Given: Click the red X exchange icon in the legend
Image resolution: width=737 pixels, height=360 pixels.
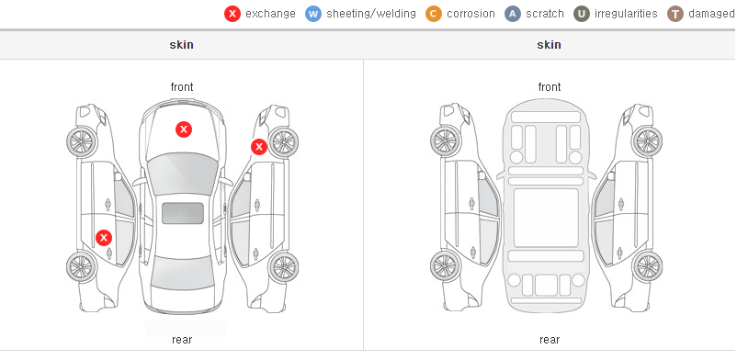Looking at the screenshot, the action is tap(232, 14).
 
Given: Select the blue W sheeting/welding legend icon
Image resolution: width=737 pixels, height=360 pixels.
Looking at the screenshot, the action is tap(313, 14).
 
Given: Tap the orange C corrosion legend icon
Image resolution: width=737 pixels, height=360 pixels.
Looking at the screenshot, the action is tap(434, 14).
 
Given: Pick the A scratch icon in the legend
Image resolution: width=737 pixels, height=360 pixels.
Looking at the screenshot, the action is tap(513, 14).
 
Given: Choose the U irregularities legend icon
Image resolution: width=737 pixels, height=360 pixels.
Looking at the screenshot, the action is tap(582, 14).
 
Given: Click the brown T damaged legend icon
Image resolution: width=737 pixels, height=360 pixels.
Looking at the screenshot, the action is tap(675, 14).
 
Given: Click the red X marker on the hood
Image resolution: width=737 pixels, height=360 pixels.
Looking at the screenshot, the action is tap(184, 129).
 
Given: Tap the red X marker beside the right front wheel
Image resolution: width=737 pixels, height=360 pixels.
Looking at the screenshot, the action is tap(258, 147).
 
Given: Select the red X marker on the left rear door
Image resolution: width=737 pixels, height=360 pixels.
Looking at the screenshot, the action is tap(104, 238).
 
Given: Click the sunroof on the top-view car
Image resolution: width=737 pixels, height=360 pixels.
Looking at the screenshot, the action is tap(183, 213).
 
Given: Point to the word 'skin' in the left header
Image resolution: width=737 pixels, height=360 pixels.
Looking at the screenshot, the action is tap(181, 45).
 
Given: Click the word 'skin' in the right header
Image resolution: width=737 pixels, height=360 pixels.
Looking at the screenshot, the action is tap(549, 45).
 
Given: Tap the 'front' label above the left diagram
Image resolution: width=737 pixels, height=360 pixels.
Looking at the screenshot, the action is tap(182, 87).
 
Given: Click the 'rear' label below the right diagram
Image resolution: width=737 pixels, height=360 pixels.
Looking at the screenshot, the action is tap(550, 340).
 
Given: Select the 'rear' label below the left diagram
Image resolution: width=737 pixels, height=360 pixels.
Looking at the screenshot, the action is tap(182, 340).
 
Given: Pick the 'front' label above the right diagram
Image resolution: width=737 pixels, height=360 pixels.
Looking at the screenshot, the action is tap(550, 87).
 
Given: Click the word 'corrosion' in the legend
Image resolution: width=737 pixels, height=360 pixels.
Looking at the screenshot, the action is tap(471, 14).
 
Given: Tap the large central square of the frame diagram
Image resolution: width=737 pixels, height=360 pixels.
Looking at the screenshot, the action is tap(546, 218).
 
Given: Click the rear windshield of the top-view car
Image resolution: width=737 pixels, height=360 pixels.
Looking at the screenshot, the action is tap(183, 273).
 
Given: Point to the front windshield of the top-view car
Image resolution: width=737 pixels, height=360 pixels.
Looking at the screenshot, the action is tap(183, 174).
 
